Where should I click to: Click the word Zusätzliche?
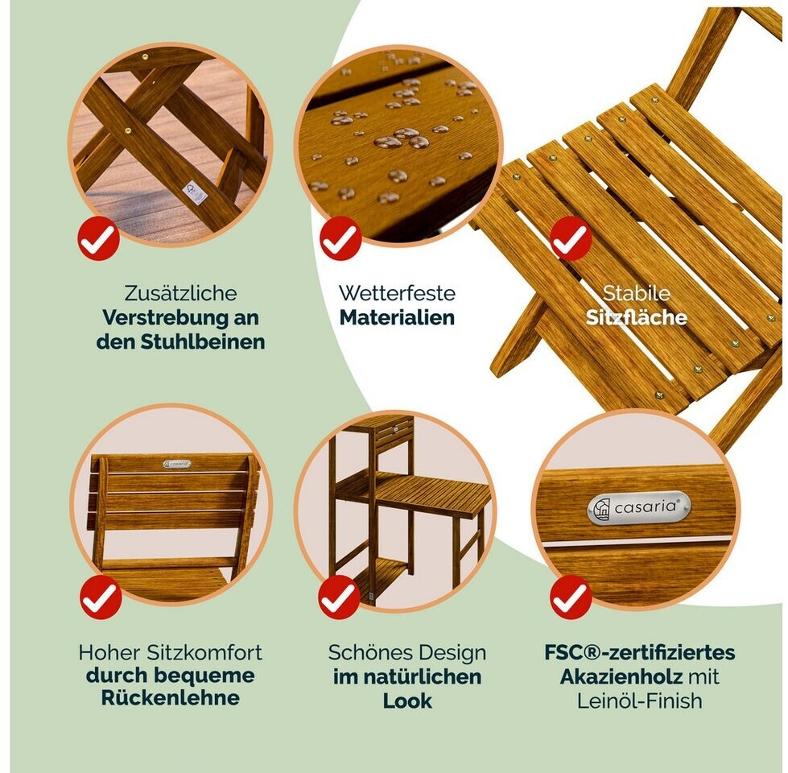pyautogui.click(x=180, y=293)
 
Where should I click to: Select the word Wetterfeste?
pyautogui.click(x=397, y=293)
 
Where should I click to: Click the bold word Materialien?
pyautogui.click(x=397, y=317)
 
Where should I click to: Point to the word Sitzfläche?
pyautogui.click(x=636, y=317)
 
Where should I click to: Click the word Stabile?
pyautogui.click(x=636, y=293)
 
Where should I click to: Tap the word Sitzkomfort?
pyautogui.click(x=204, y=653)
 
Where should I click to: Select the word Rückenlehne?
pyautogui.click(x=171, y=697)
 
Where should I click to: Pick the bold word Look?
pyautogui.click(x=407, y=701)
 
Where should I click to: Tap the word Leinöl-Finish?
pyautogui.click(x=639, y=701)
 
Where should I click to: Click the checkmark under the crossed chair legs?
pyautogui.click(x=98, y=238)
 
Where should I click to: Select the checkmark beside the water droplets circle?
pyautogui.click(x=340, y=238)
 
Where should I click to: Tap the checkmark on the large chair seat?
pyautogui.click(x=571, y=238)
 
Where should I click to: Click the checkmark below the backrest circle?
pyautogui.click(x=101, y=597)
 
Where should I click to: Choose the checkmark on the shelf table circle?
pyautogui.click(x=339, y=597)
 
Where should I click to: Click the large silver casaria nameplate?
pyautogui.click(x=639, y=507)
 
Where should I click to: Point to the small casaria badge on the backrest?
pyautogui.click(x=177, y=464)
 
